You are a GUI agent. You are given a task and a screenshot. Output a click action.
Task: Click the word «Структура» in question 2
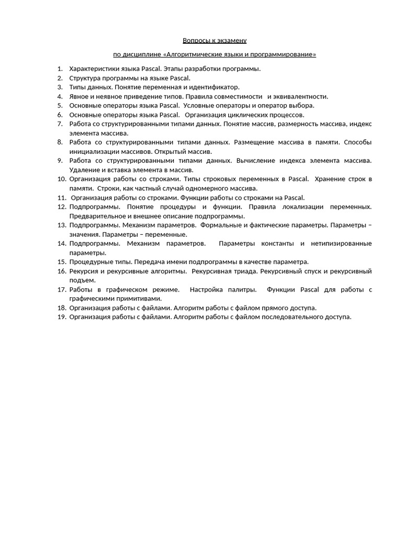pos(85,78)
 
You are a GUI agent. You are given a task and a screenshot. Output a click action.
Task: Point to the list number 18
pos(61,308)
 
